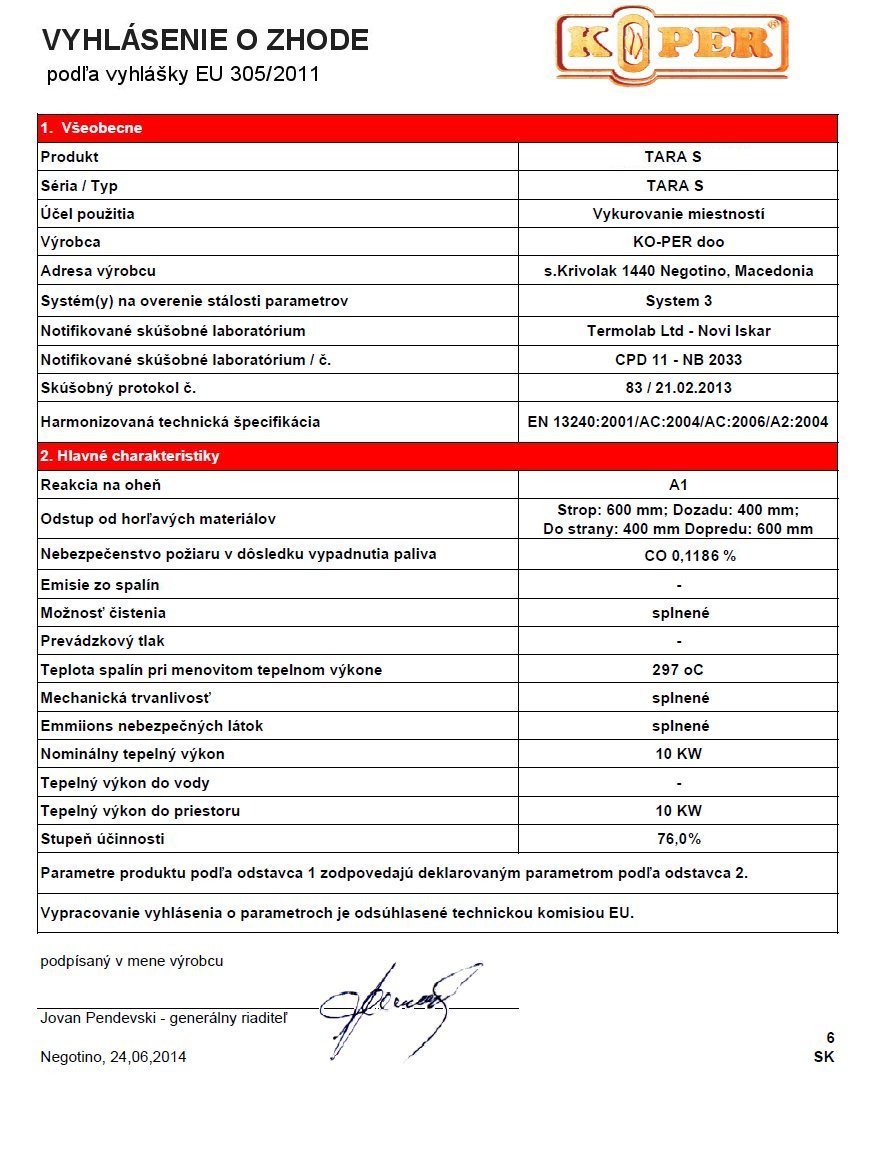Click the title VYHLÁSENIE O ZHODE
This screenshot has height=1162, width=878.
click(205, 40)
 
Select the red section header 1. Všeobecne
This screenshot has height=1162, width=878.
click(92, 128)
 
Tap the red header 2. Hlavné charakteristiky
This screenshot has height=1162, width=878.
click(130, 456)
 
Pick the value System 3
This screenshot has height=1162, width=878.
click(679, 300)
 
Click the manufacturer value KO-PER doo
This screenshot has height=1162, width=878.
click(679, 242)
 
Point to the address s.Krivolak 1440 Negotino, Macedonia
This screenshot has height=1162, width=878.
click(678, 271)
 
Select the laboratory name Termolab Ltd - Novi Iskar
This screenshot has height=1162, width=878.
click(679, 331)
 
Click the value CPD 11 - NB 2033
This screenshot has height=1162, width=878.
click(679, 360)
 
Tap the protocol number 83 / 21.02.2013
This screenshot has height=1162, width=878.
click(679, 388)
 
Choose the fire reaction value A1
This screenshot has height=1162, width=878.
click(679, 485)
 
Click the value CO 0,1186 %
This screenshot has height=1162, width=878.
click(679, 556)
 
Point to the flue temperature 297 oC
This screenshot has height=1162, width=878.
click(679, 670)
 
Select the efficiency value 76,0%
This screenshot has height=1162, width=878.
click(679, 839)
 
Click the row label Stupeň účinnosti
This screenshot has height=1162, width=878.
click(102, 839)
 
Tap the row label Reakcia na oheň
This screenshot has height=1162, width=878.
click(100, 485)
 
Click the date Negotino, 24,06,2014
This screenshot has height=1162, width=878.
click(113, 1057)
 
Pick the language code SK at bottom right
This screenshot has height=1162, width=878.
click(824, 1057)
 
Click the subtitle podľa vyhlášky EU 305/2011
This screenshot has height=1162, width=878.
click(183, 75)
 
